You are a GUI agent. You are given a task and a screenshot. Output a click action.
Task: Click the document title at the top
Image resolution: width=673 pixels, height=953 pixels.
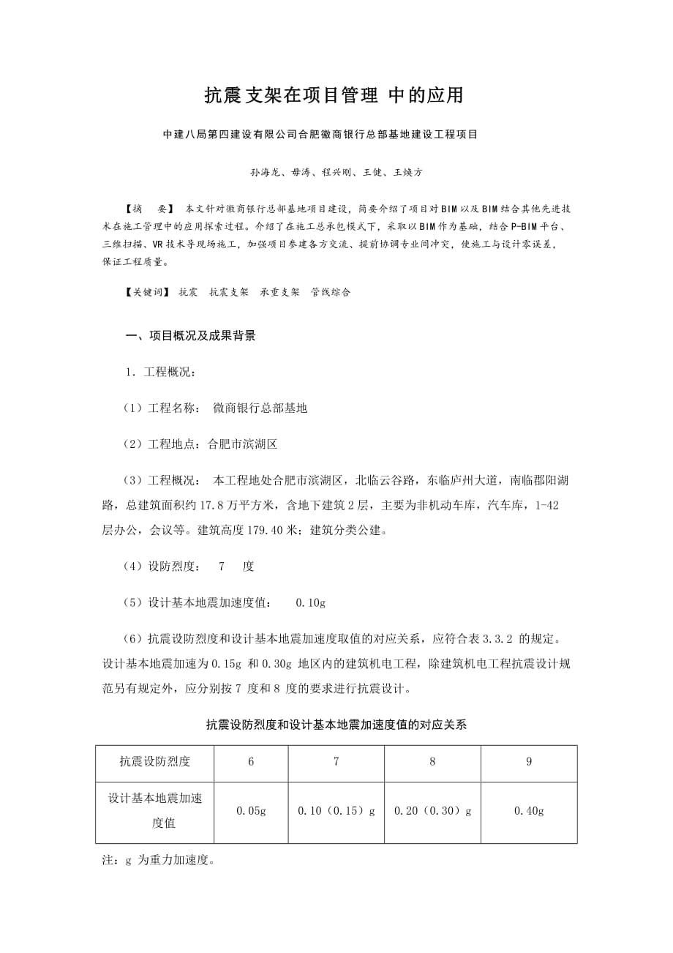[334, 96]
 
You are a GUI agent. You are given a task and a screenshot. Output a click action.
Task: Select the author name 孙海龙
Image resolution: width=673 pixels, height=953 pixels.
[265, 173]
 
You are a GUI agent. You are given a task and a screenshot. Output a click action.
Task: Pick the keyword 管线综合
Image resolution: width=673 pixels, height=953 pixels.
[331, 292]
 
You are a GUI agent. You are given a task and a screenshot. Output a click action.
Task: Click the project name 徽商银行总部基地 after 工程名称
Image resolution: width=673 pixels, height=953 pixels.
[260, 408]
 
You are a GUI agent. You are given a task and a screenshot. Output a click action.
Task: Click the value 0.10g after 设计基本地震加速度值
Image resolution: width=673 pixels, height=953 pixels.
[310, 602]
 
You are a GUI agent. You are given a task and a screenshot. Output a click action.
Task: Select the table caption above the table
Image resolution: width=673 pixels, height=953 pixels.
[336, 725]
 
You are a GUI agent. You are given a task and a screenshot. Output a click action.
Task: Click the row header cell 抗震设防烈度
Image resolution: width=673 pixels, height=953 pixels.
[155, 762]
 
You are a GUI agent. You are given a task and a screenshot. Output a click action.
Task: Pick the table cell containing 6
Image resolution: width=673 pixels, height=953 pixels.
[251, 762]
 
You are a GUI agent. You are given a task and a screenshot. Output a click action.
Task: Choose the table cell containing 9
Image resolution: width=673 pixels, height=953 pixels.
[529, 762]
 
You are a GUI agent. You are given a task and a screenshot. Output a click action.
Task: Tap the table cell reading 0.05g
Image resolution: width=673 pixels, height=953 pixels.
[251, 811]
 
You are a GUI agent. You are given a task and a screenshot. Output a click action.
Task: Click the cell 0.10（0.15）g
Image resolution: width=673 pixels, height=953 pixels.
[336, 811]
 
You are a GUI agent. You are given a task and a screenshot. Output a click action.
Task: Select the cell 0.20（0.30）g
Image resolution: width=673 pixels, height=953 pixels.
[432, 811]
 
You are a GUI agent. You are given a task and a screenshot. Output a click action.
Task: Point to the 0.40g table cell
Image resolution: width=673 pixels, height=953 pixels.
[529, 811]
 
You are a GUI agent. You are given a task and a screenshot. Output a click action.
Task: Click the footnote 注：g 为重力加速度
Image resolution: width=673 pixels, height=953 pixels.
[159, 861]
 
